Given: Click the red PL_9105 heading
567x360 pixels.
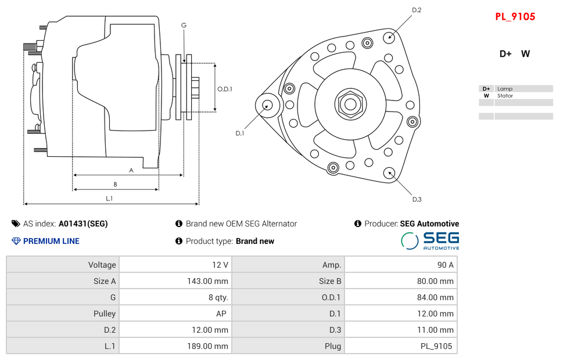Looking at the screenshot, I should pos(515,17).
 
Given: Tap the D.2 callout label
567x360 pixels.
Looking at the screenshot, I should pos(417,10).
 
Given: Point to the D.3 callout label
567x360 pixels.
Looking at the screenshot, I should pos(417,200).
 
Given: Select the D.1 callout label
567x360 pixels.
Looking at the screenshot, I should pos(239,134).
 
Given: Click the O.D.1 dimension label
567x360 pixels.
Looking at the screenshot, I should pos(225,89).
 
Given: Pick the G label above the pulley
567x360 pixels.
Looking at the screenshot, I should pos(184,25).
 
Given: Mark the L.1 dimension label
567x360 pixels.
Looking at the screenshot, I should pos(109,199).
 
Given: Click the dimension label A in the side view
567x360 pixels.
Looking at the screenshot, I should pos(131,170).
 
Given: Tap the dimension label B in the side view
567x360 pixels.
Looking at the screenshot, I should pos(115,185).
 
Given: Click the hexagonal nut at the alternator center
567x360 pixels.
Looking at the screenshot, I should pos(350,105).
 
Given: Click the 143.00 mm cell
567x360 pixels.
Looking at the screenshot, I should pos(175,281).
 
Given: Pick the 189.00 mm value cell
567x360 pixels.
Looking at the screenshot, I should pos(175,346).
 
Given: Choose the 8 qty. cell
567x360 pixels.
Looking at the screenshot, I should pos(175,297).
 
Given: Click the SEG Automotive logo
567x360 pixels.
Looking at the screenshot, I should pos(430,240).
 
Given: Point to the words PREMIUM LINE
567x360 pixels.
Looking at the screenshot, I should pos(51,241).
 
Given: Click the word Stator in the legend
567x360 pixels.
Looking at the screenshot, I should pos(505,96).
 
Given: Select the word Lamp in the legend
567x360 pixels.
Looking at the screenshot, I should pos(504,89).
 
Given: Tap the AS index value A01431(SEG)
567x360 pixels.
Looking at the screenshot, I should pos(83,224).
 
